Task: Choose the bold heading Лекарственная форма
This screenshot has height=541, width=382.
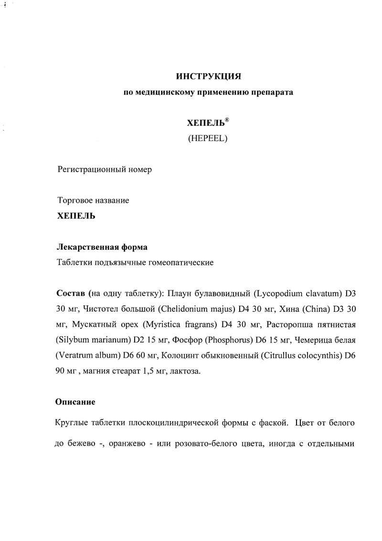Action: [102, 247]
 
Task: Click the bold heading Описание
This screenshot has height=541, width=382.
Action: [75, 402]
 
